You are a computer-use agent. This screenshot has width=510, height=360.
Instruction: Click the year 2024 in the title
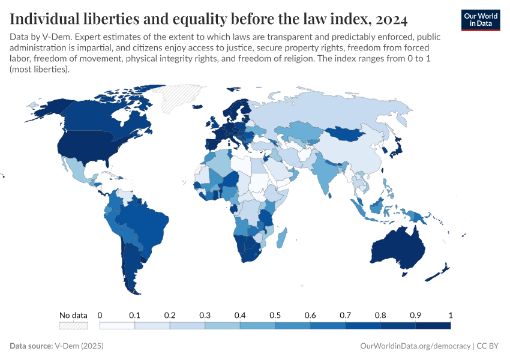[x=390, y=20]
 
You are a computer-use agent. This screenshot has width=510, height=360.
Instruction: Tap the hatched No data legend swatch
[x=73, y=326]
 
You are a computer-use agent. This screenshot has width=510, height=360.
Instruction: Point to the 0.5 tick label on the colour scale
[x=275, y=316]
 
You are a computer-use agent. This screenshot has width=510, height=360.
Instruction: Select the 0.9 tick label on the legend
[x=415, y=316]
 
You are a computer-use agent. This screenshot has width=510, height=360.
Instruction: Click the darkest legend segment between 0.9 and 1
[x=433, y=326]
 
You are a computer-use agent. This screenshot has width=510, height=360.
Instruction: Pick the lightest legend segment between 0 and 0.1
[x=117, y=326]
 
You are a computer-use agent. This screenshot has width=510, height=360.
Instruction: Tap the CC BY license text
[x=489, y=346]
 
